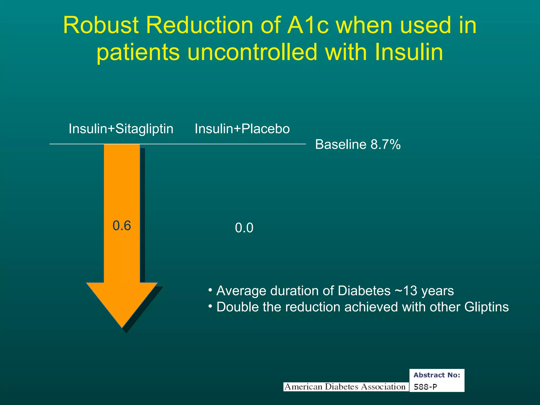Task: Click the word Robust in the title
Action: tap(101, 26)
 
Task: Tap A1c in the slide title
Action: tap(308, 26)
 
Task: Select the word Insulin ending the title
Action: tap(408, 52)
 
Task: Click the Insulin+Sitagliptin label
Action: tap(121, 129)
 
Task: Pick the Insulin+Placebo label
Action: tap(242, 129)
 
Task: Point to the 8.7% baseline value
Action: tap(385, 144)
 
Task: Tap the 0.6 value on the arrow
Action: tap(122, 226)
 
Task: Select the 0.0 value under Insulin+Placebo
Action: tap(244, 228)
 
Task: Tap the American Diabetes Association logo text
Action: tap(345, 387)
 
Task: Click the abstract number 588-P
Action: tap(425, 387)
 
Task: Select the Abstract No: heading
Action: tap(437, 375)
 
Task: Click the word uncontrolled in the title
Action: tap(252, 52)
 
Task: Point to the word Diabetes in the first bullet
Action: tap(364, 291)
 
